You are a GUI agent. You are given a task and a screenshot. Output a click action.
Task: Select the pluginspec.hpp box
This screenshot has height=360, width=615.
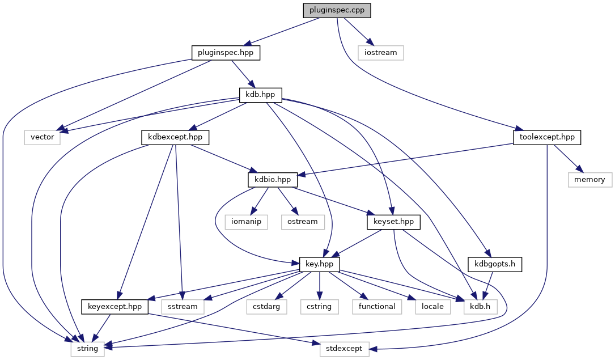coord(225,53)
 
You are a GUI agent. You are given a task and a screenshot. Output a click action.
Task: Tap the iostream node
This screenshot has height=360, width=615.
coord(381,53)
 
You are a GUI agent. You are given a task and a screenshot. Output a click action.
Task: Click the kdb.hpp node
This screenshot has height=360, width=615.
coord(261,95)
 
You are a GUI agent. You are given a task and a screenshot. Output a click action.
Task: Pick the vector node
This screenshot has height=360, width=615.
coord(43,137)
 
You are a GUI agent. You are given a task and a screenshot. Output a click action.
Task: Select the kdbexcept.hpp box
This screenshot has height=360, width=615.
coord(175,137)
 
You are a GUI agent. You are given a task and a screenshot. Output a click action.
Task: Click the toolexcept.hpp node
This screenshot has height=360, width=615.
coord(546,137)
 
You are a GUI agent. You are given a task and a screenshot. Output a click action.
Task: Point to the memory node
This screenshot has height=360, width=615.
coord(590,179)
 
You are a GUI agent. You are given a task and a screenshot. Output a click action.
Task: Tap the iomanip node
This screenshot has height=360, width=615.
coord(246,221)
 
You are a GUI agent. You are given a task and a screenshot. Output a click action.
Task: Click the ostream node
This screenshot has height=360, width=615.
coord(303,221)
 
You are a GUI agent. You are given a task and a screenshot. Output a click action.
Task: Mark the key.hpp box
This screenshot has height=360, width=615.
coord(320,264)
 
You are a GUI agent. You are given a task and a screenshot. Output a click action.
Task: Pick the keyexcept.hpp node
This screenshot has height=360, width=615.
coord(115,306)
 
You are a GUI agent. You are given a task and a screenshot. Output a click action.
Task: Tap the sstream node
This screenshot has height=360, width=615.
coord(183,306)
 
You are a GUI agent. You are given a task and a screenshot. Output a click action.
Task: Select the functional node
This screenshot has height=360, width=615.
coord(376,306)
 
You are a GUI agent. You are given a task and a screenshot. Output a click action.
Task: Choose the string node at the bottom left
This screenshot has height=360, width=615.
coord(88,348)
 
